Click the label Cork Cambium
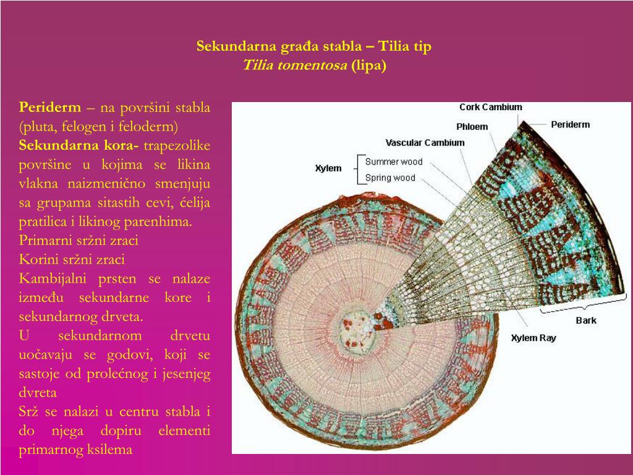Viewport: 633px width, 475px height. click(490, 107)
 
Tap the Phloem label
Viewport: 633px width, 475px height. click(472, 127)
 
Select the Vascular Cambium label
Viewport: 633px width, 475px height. click(425, 143)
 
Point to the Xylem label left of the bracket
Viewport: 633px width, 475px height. click(328, 168)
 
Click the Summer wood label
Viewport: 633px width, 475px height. click(394, 162)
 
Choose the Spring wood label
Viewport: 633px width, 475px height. click(390, 178)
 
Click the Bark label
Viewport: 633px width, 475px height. click(586, 320)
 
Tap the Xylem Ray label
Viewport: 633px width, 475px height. click(533, 338)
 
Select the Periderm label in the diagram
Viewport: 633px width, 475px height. click(570, 124)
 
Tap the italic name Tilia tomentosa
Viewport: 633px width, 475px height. click(295, 66)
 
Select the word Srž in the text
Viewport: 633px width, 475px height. click(30, 412)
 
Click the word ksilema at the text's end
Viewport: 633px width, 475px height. click(110, 450)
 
